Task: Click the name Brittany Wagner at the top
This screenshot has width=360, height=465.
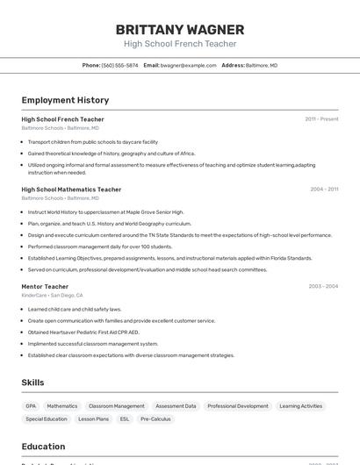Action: pos(179,29)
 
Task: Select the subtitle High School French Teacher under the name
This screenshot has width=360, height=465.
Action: pos(179,44)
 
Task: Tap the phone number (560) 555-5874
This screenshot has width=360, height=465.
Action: pos(119,65)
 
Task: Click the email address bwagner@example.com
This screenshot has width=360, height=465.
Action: pos(188,65)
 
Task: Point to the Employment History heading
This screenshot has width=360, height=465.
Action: pos(65,100)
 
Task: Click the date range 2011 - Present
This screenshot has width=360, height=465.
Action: pos(321,119)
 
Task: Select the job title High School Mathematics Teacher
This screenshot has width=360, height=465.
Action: pos(71,190)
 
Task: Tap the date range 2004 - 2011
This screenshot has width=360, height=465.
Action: pos(324,190)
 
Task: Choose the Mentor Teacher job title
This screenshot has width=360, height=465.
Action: pos(45,287)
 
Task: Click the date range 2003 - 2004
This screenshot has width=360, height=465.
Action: pos(323,287)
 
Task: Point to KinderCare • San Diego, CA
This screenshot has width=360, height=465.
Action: pos(52,296)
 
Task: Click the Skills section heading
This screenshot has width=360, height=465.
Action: pos(33,383)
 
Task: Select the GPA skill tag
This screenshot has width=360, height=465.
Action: pos(31,406)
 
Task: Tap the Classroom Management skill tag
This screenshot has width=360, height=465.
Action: pos(117,406)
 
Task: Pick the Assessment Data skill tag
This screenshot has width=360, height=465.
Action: pos(176,406)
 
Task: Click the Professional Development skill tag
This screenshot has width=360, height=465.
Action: pos(238,406)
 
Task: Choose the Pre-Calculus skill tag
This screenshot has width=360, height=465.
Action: pos(155,419)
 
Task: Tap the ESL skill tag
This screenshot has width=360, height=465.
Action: pos(124,419)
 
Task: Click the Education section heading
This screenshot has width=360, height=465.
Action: pos(43,447)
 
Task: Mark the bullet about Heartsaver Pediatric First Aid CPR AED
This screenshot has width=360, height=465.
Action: pos(83,333)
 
